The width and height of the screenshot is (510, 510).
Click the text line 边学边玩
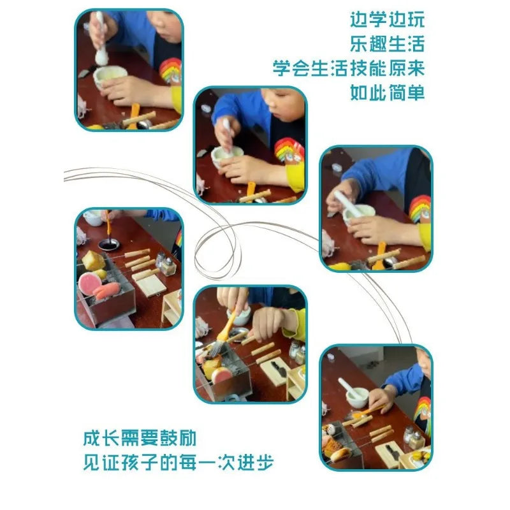tap(388, 20)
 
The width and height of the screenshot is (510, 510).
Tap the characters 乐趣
tap(368, 44)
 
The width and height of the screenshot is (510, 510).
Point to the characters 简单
tap(407, 92)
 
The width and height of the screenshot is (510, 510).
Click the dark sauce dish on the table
tap(109, 244)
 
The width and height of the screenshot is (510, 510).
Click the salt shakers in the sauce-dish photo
tap(166, 263)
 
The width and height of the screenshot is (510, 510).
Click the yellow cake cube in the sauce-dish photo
tap(93, 260)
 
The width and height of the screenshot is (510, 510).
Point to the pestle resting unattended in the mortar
tap(349, 388)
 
